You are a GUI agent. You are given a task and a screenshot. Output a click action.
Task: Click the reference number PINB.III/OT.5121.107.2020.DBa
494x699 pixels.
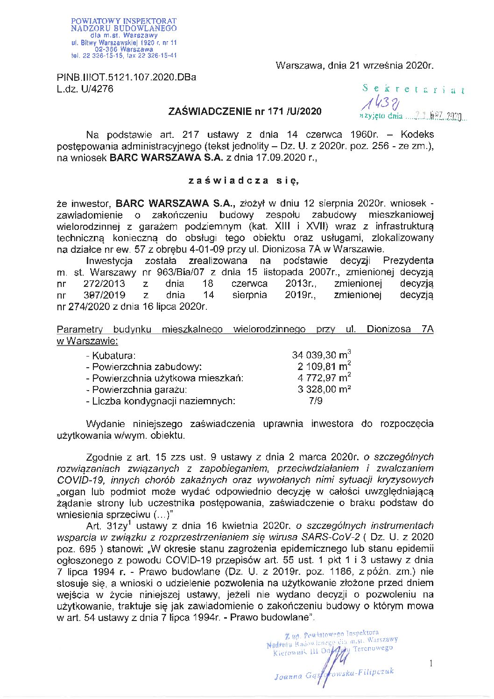click(x=127, y=77)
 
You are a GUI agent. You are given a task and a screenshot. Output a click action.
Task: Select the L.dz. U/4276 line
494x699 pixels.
click(x=85, y=89)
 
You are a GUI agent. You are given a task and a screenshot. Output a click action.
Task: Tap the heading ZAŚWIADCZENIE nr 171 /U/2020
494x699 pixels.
click(x=245, y=111)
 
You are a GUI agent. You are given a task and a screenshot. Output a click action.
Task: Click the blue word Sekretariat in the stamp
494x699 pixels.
click(x=414, y=89)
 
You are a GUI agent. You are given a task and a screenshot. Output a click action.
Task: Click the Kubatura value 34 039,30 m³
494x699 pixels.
click(x=321, y=356)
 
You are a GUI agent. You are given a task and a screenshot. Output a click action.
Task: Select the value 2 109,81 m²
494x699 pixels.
click(x=324, y=367)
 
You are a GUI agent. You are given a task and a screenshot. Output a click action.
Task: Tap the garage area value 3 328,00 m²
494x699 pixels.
click(x=324, y=389)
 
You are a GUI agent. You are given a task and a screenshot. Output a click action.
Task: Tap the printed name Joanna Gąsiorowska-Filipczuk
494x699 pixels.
click(x=334, y=673)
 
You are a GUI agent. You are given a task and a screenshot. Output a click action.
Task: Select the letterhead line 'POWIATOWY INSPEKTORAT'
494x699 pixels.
click(x=124, y=21)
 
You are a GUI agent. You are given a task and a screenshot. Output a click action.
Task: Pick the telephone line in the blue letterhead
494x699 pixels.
click(x=124, y=55)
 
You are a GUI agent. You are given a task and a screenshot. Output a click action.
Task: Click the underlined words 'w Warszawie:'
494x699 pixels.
click(x=87, y=341)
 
